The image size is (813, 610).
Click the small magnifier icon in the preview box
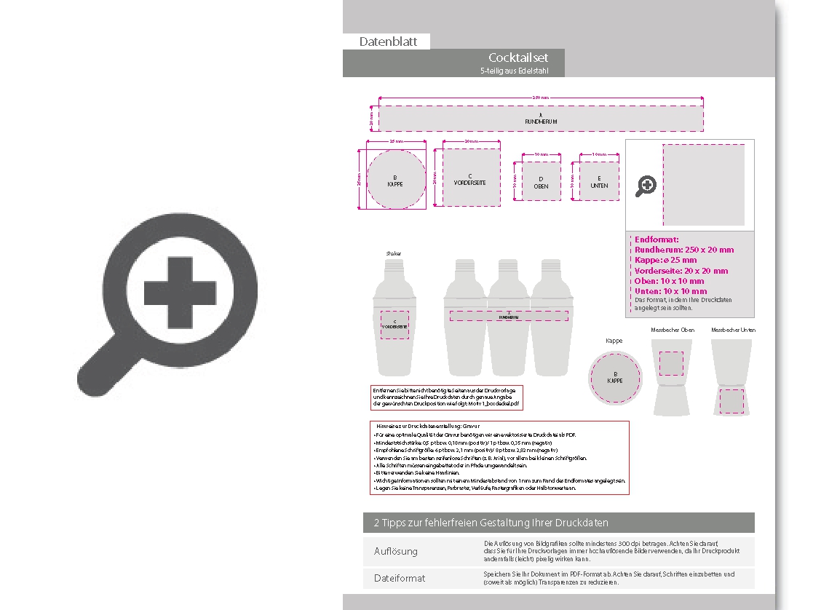click(x=646, y=186)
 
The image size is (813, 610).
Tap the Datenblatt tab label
click(x=388, y=41)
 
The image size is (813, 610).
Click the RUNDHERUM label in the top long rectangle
click(x=541, y=121)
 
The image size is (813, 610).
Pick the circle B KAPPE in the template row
click(x=395, y=181)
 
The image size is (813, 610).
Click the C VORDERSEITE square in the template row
click(x=470, y=178)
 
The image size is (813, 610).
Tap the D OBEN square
click(x=541, y=181)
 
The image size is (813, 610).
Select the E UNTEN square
click(x=599, y=181)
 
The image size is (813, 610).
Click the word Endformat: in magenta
click(x=657, y=239)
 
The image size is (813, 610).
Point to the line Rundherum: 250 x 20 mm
click(x=684, y=250)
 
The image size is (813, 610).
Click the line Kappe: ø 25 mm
click(x=665, y=260)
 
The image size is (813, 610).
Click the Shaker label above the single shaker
click(x=394, y=253)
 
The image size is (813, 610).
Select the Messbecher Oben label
click(x=672, y=330)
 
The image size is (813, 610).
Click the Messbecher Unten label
click(x=733, y=330)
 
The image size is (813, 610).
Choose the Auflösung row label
click(x=396, y=551)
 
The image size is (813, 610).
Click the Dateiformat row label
click(x=399, y=578)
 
